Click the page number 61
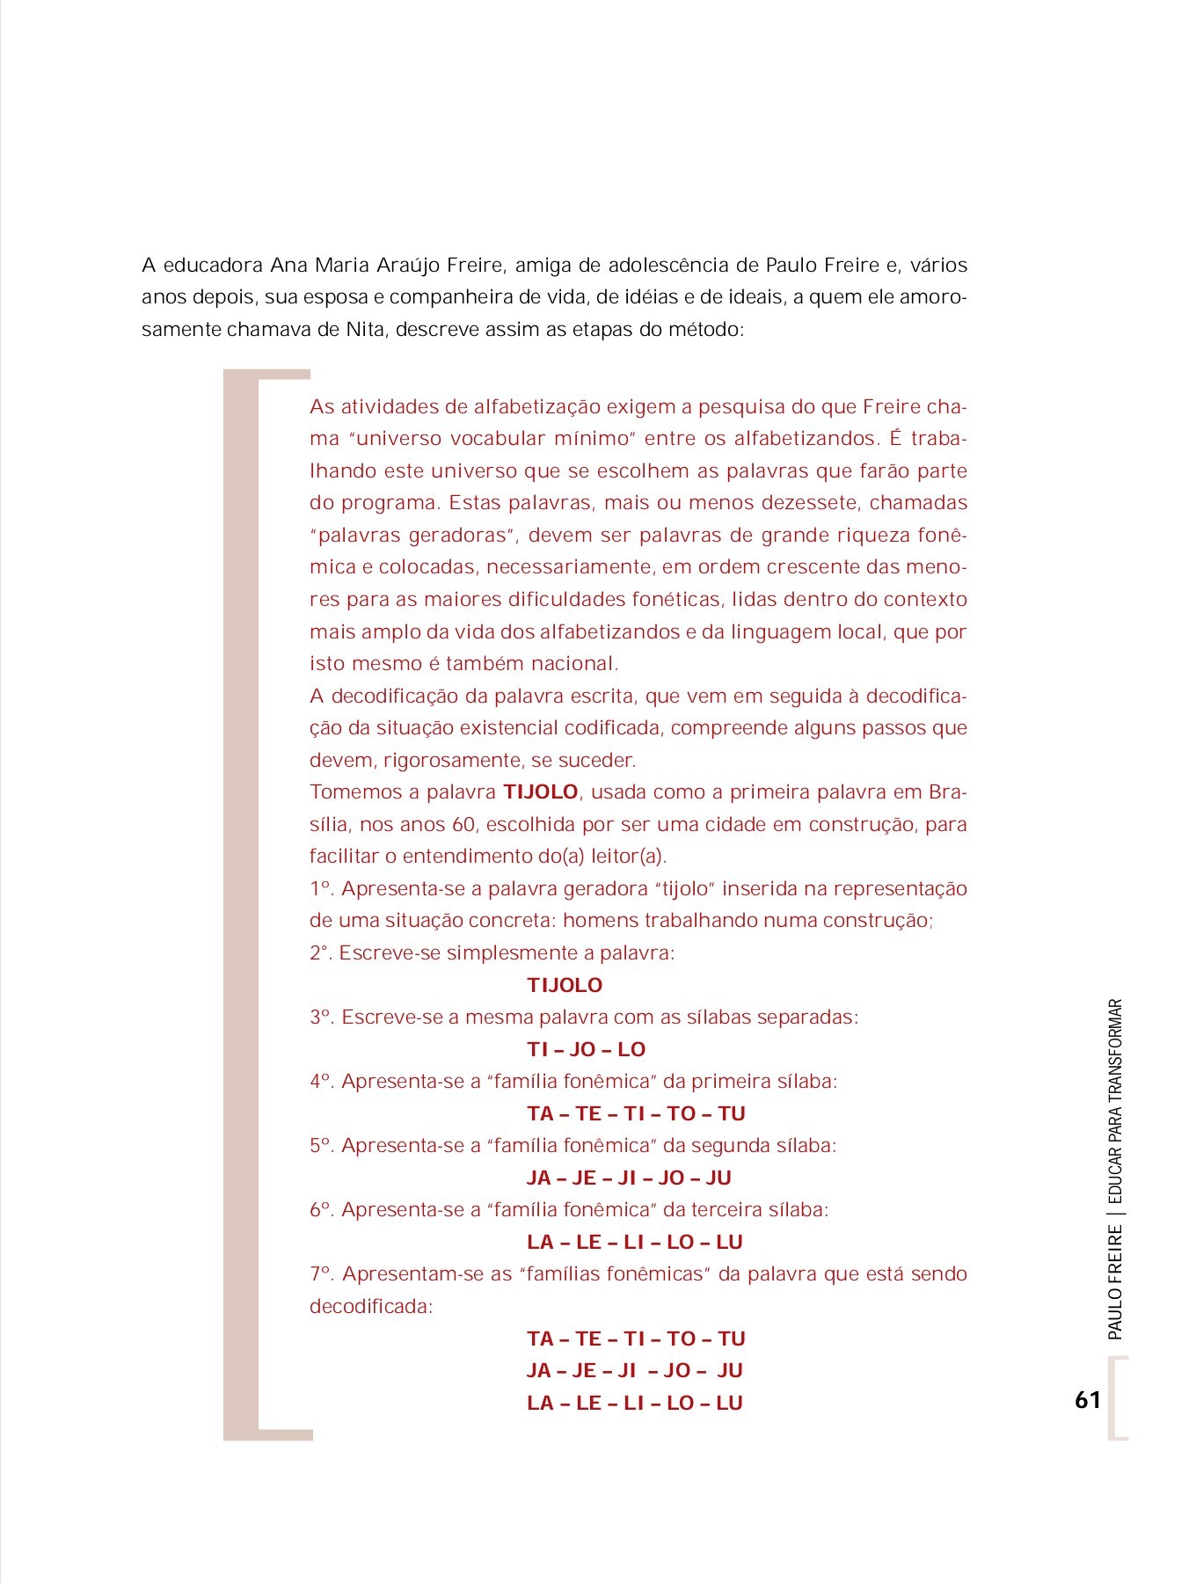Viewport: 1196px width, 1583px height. coord(1087,1400)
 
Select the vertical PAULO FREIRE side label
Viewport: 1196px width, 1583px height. coord(1115,1283)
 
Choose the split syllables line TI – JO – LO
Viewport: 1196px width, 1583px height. coord(586,1049)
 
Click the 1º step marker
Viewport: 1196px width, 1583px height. coord(321,889)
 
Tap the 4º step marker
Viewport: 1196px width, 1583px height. coord(321,1082)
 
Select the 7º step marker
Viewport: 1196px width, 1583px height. coord(321,1274)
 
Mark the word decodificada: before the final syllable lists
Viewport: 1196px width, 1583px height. coord(371,1307)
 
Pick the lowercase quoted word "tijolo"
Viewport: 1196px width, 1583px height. coord(684,889)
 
